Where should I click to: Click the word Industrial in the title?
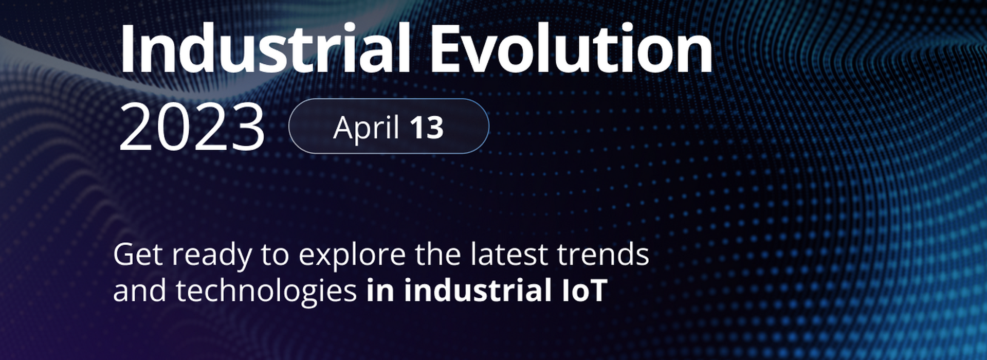pyautogui.click(x=265, y=48)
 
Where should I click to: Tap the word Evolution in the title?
pyautogui.click(x=571, y=48)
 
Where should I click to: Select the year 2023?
pyautogui.click(x=192, y=127)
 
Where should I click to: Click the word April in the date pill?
pyautogui.click(x=366, y=127)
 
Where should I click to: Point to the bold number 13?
pyautogui.click(x=427, y=128)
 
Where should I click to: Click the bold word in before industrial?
pyautogui.click(x=380, y=291)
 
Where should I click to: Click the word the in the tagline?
pyautogui.click(x=437, y=254)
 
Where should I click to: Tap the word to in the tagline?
pyautogui.click(x=275, y=255)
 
